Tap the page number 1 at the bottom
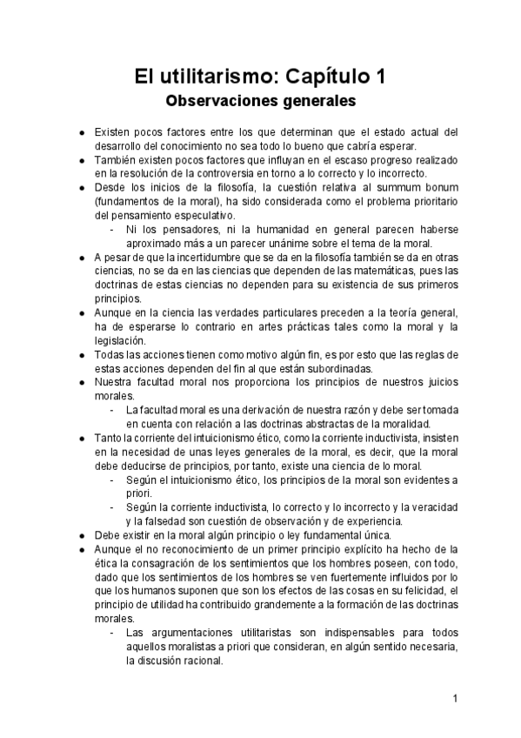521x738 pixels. coord(456,699)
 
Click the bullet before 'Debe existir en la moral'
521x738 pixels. coord(80,535)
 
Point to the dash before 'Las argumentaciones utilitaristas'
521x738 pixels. coord(112,632)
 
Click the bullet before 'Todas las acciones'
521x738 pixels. coord(80,354)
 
